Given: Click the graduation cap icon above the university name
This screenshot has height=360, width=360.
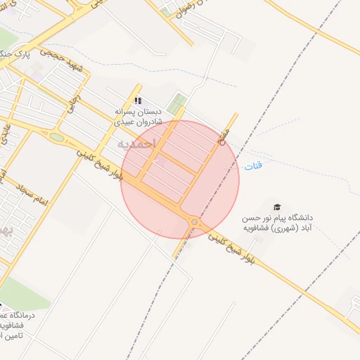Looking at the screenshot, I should [277, 206].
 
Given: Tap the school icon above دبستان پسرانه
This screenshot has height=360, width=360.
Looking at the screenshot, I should [139, 101].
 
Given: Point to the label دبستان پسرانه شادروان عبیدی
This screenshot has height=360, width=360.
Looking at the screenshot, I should [139, 116].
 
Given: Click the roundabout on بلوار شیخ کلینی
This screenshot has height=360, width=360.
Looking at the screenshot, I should [194, 222].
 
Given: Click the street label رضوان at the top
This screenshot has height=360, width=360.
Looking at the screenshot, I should [182, 8].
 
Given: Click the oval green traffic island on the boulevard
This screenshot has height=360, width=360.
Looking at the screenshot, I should [56, 136].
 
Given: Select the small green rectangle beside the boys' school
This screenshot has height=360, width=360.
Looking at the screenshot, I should [177, 104].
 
